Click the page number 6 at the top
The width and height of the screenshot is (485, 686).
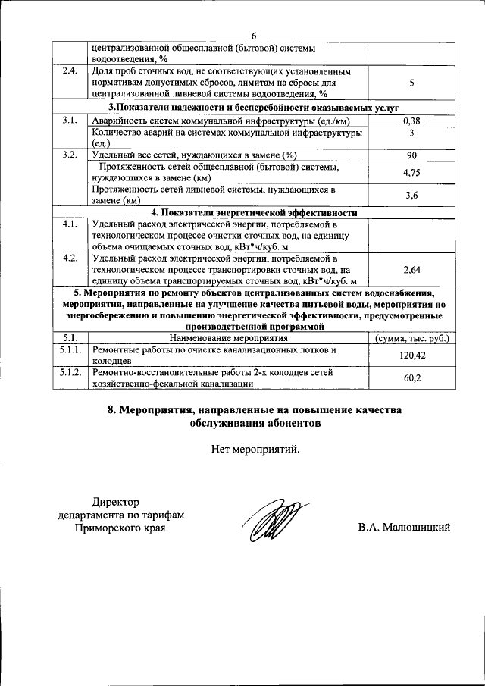[254, 36]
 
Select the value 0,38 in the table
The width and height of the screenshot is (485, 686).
[411, 121]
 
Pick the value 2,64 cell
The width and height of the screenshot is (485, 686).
[411, 269]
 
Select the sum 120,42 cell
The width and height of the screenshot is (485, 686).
[411, 356]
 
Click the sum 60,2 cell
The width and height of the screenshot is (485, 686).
[411, 378]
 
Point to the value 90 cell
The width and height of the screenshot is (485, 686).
[411, 155]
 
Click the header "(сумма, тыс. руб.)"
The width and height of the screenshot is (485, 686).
[411, 338]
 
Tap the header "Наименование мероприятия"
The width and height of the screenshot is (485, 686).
[228, 338]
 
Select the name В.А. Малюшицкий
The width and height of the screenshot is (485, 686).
[405, 527]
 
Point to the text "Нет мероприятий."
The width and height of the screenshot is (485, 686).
[255, 449]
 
